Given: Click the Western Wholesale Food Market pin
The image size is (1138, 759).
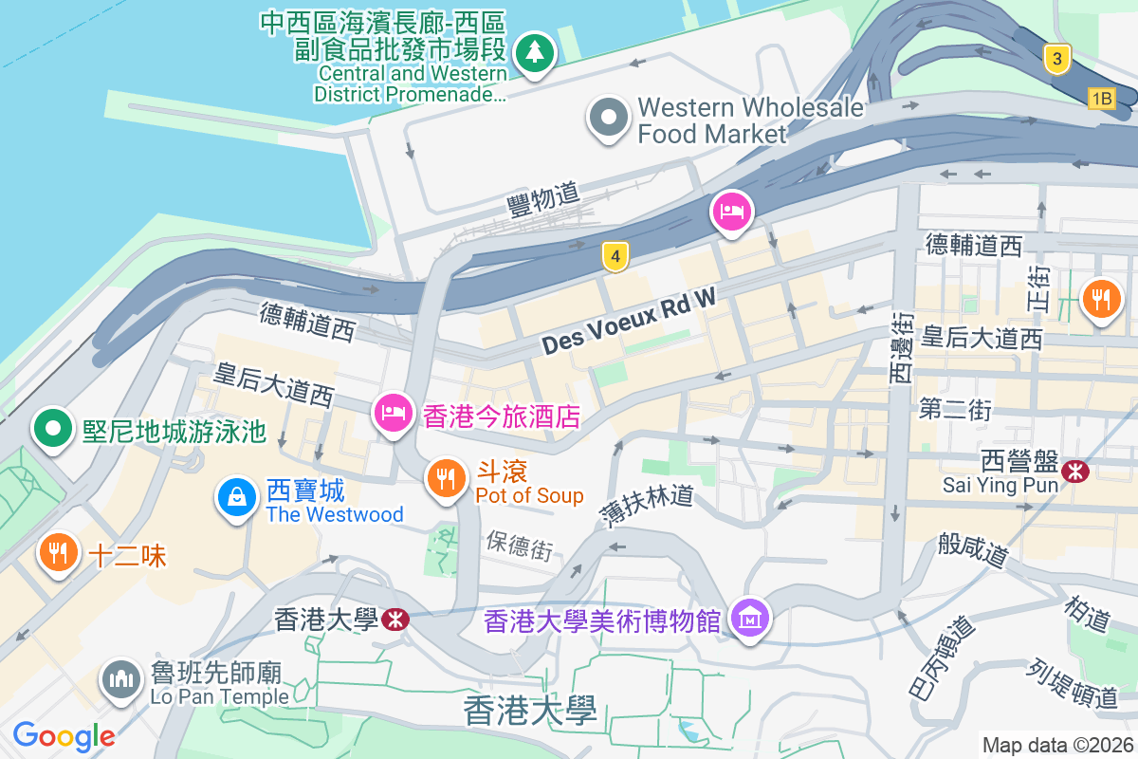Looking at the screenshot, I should click(x=609, y=119).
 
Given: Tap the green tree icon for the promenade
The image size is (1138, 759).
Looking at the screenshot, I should click(x=535, y=51).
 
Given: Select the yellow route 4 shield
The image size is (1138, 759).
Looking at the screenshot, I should click(x=615, y=255).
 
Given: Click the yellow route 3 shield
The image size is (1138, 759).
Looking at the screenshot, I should click(x=1056, y=60).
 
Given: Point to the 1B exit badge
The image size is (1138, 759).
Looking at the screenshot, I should click(x=1101, y=98).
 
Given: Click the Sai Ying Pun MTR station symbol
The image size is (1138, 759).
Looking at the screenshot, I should click(x=1075, y=471).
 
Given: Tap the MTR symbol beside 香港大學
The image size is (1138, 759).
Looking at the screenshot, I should click(x=395, y=620).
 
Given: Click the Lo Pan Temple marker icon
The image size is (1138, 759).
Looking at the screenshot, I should click(x=120, y=679).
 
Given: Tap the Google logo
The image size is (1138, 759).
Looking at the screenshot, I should click(x=64, y=735).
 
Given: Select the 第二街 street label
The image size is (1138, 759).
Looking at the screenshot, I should click(x=955, y=410).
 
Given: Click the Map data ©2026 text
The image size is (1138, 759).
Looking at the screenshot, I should click(x=1057, y=745).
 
